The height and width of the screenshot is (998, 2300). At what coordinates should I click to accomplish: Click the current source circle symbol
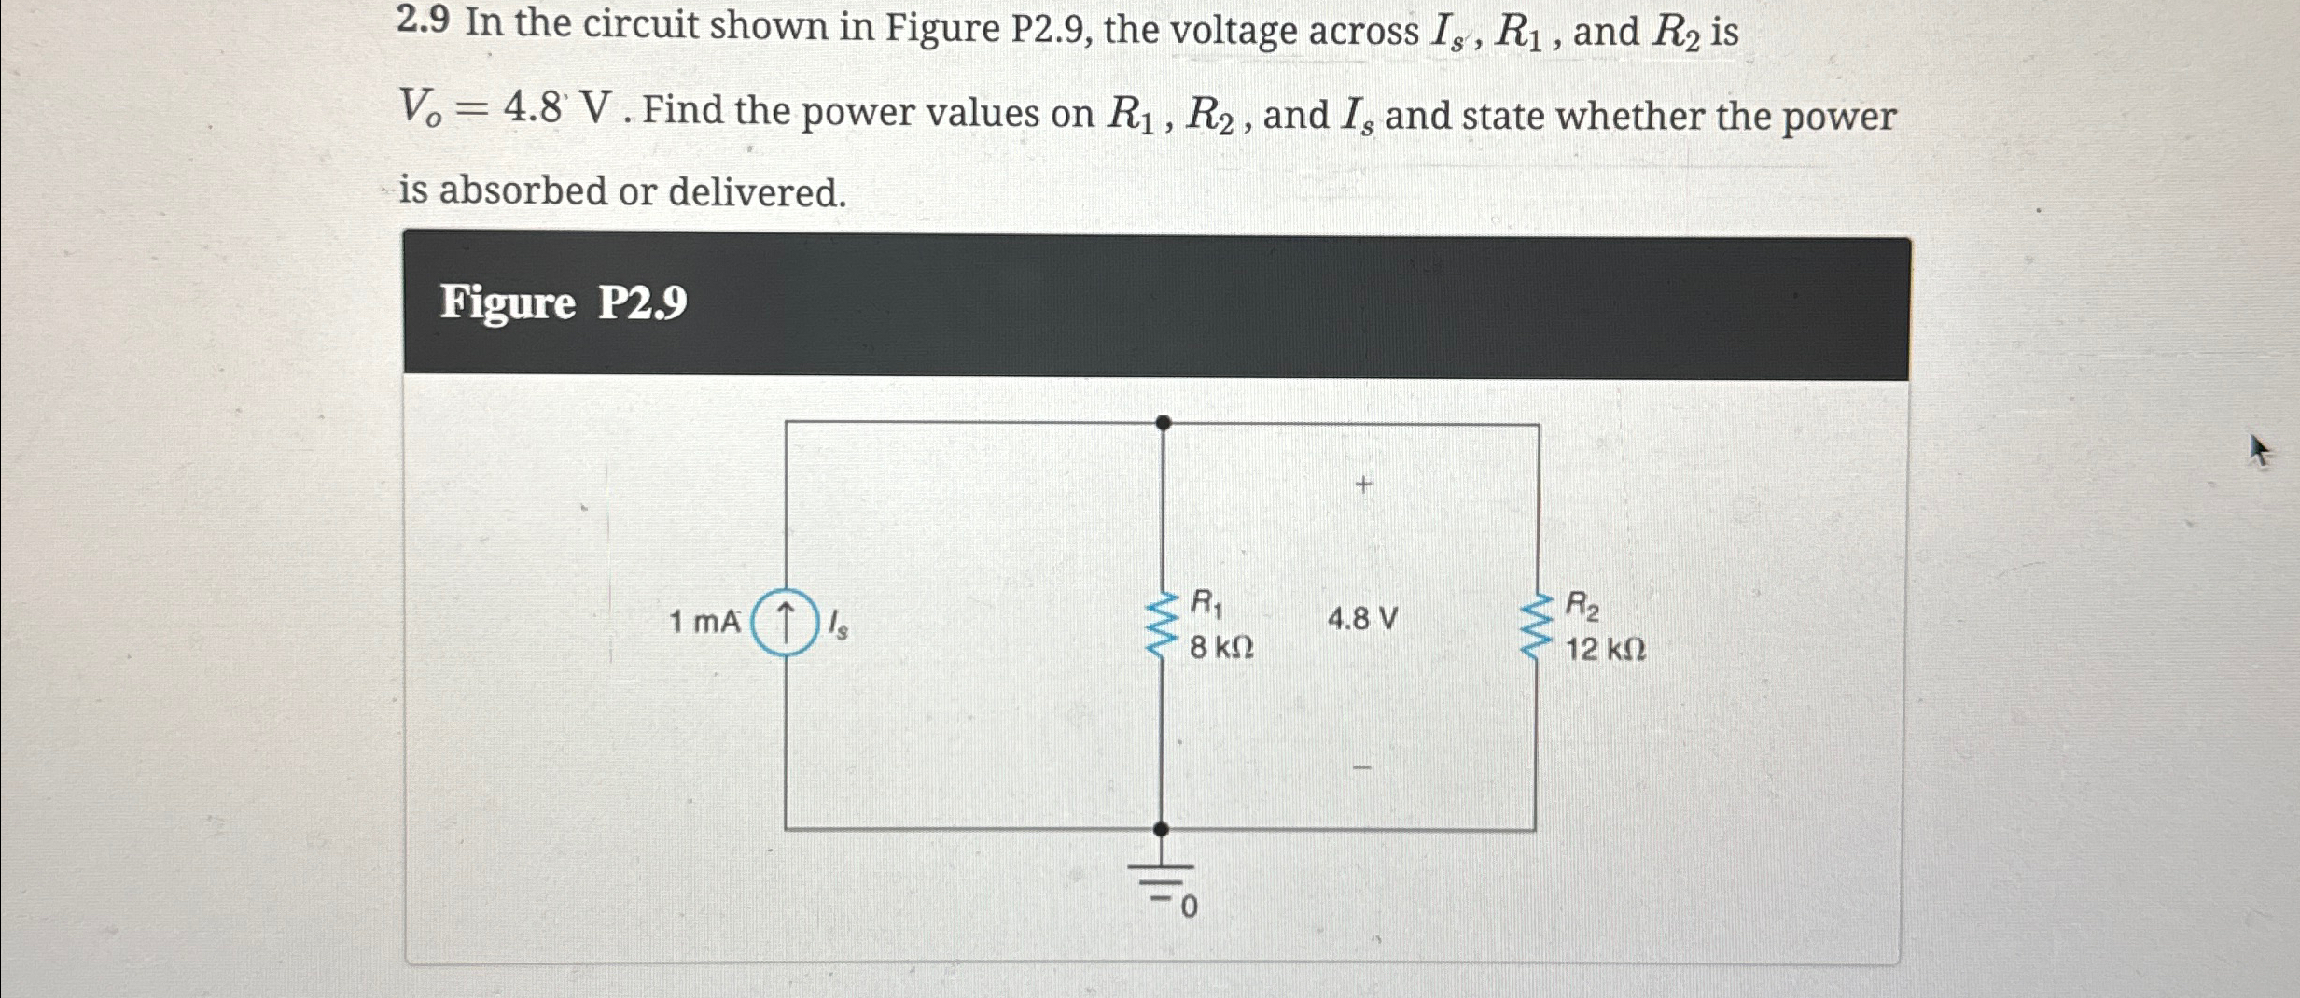point(785,623)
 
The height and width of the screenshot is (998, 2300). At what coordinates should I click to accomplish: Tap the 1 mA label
point(704,622)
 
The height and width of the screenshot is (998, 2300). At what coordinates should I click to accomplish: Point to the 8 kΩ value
point(1221,647)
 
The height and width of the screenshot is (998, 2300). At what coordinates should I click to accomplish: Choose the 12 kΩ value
point(1605,649)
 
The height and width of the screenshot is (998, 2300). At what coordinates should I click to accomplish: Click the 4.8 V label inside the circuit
point(1362,619)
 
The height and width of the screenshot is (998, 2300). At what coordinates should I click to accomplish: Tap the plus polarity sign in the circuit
point(1364,485)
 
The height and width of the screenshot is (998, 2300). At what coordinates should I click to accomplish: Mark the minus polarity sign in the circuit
point(1362,767)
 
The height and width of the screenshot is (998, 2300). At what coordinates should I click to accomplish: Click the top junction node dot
point(1163,423)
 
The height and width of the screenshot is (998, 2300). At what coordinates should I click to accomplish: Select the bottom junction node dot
point(1161,829)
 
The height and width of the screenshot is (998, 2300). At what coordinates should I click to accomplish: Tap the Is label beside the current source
point(839,624)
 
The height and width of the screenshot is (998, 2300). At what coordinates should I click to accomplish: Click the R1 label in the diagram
point(1206,603)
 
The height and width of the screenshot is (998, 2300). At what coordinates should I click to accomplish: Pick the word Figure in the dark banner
point(508,302)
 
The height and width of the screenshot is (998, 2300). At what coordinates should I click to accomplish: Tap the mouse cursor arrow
point(2258,451)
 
